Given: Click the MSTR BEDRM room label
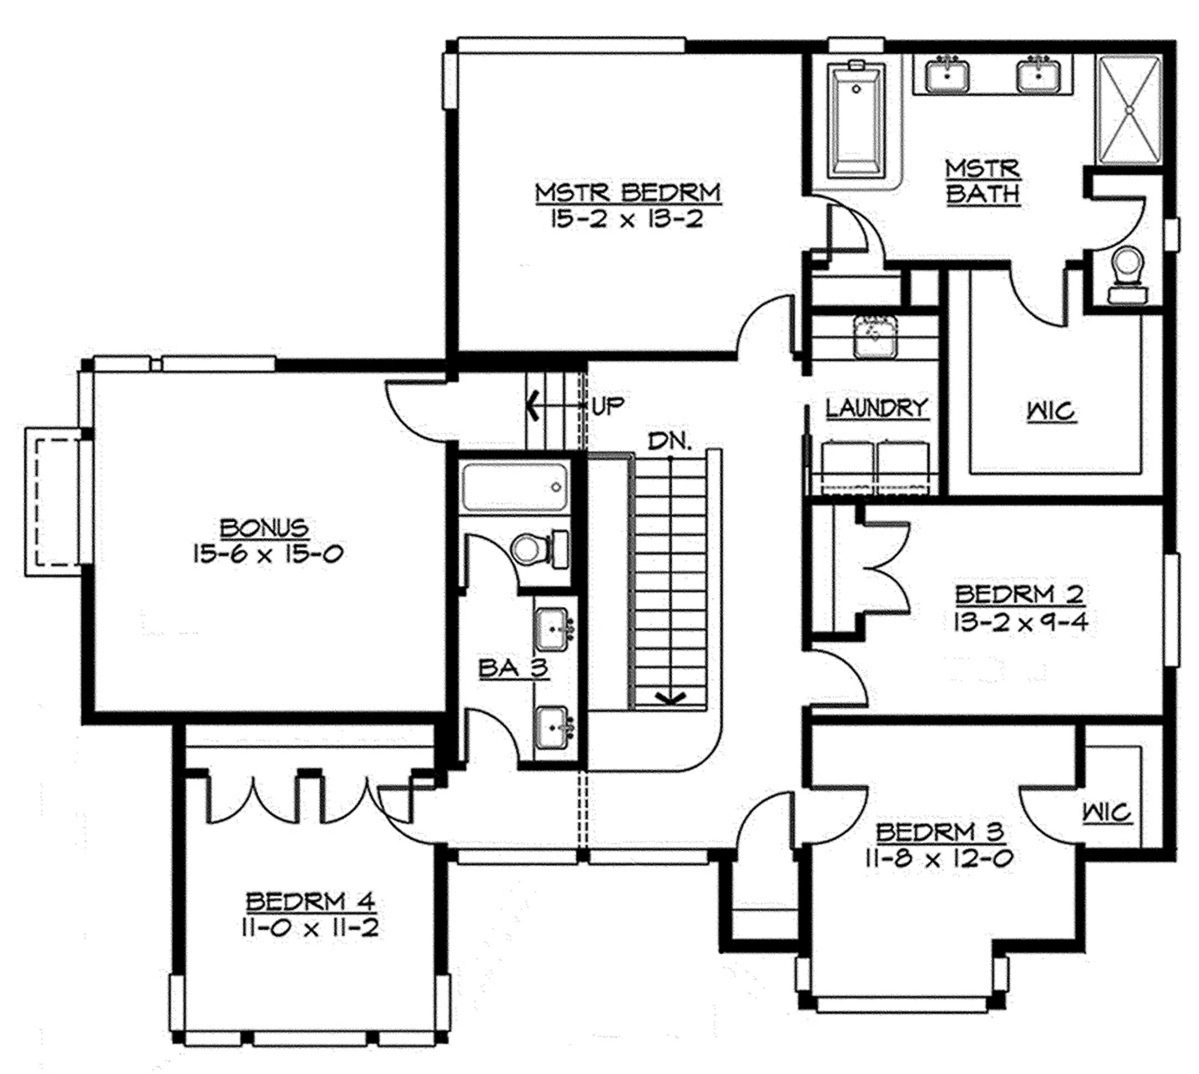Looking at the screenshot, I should (x=628, y=193).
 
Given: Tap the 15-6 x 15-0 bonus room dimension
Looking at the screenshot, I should (x=268, y=554).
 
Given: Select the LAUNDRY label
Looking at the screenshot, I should (x=877, y=409).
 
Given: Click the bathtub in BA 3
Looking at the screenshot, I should (x=515, y=487).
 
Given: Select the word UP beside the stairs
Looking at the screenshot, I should (x=607, y=406).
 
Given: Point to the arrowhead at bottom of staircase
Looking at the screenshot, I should (x=671, y=699).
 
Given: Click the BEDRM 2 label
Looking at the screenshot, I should (x=1020, y=594).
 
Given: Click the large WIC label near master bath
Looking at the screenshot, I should (x=1051, y=411).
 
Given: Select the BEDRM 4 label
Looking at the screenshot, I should (x=310, y=902).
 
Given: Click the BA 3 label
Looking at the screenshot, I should (x=514, y=669).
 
